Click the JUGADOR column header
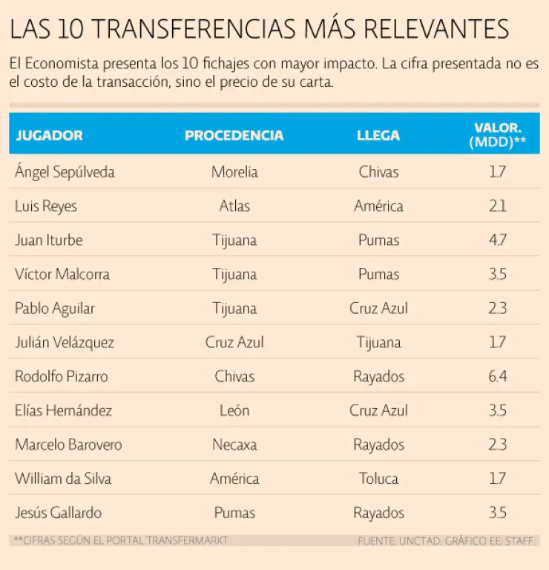(49, 135)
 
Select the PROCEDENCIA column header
(234, 135)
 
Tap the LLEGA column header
(378, 135)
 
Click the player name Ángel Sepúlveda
(65, 172)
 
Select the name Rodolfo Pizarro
(61, 376)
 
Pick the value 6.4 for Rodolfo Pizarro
(497, 376)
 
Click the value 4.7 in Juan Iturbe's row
(497, 240)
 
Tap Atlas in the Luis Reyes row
(234, 206)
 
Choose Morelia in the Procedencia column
(234, 172)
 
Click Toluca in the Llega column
(378, 479)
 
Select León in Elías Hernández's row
(234, 410)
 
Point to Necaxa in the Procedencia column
(234, 445)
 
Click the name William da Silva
(63, 479)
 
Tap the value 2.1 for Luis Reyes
(497, 206)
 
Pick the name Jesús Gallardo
(58, 513)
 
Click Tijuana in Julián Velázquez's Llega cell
(378, 342)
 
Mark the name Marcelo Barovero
(68, 445)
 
